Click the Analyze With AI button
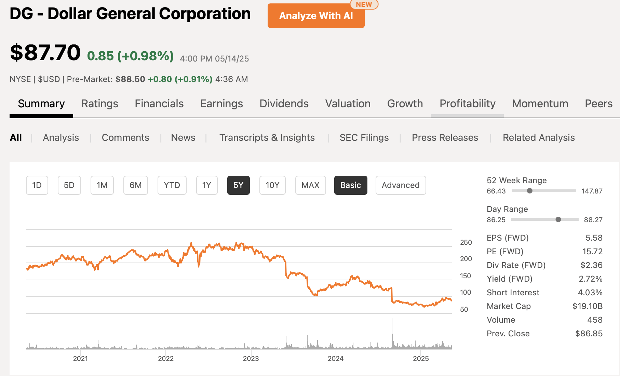[316, 16]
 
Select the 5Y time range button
[238, 185]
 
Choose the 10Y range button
[272, 185]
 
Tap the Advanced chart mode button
[401, 185]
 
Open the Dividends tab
[284, 104]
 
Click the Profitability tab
[467, 104]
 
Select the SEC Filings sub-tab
[364, 137]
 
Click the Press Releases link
[445, 137]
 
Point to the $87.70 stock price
[45, 53]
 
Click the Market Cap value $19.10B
[587, 306]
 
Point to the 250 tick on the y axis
[466, 242]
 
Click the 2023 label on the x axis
[251, 359]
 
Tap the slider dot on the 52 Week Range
[529, 191]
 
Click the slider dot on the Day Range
[558, 219]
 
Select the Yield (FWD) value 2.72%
[590, 279]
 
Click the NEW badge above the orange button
[364, 4]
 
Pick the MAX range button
[310, 185]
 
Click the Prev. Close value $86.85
[589, 334]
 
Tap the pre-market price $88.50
[130, 79]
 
